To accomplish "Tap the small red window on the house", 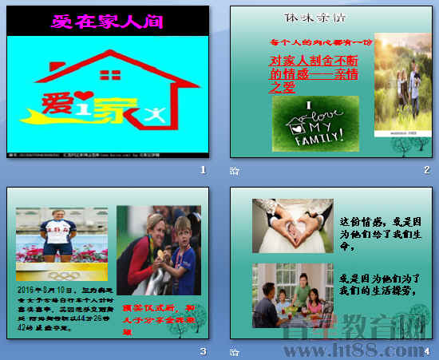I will (111, 75).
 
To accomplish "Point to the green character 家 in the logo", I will (116, 110).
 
